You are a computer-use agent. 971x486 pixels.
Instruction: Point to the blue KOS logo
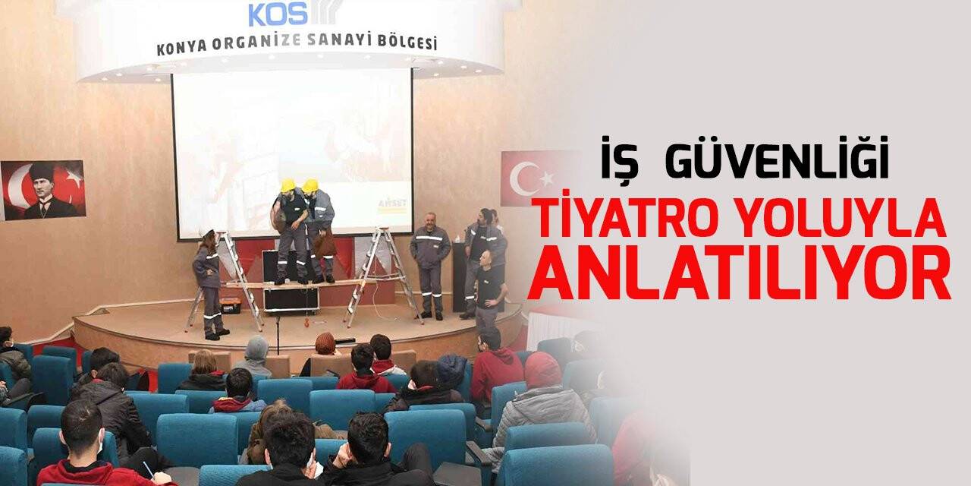278,13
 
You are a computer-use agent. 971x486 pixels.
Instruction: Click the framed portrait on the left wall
43,190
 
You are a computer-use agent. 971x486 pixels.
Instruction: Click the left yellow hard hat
288,185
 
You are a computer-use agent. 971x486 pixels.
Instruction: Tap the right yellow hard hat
310,185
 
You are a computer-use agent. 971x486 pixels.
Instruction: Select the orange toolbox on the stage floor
230,306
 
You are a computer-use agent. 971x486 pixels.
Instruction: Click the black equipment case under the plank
290,298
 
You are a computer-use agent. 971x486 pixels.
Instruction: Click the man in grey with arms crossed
430,262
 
